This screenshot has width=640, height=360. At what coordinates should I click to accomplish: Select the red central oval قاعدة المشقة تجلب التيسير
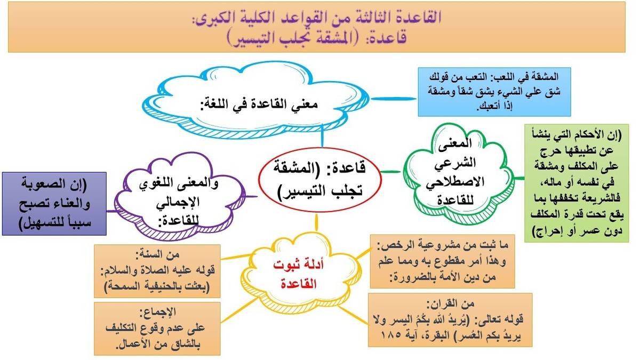(x=320, y=181)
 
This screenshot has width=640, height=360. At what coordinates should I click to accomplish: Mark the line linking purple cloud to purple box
(x=111, y=210)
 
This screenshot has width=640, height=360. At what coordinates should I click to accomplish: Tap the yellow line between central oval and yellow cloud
(x=317, y=221)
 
